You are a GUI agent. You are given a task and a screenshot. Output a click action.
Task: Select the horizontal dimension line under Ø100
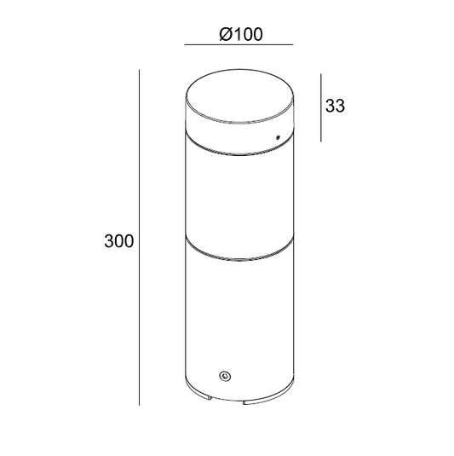239,44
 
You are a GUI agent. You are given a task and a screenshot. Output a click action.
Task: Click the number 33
335,107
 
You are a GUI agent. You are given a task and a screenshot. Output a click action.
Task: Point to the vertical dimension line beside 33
320,107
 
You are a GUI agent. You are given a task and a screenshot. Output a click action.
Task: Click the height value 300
118,241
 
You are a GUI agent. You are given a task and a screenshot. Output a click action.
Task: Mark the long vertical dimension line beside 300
140,241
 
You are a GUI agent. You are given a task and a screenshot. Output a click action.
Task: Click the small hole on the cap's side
277,136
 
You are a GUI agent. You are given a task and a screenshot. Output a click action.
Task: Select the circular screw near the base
225,374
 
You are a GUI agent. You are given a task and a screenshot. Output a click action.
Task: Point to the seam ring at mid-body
234,251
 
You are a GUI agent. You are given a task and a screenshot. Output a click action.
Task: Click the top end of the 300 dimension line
140,74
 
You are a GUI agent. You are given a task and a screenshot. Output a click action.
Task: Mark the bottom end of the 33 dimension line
320,141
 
